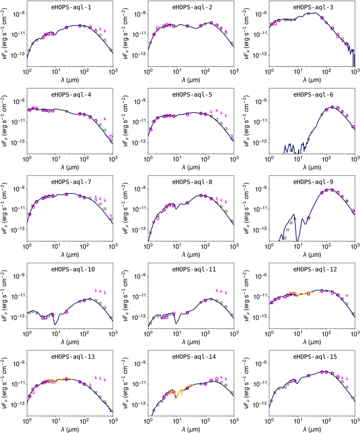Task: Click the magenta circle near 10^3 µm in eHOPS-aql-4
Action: pos(111,136)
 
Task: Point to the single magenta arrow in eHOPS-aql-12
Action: pos(347,295)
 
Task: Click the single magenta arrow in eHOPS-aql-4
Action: pos(105,119)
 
